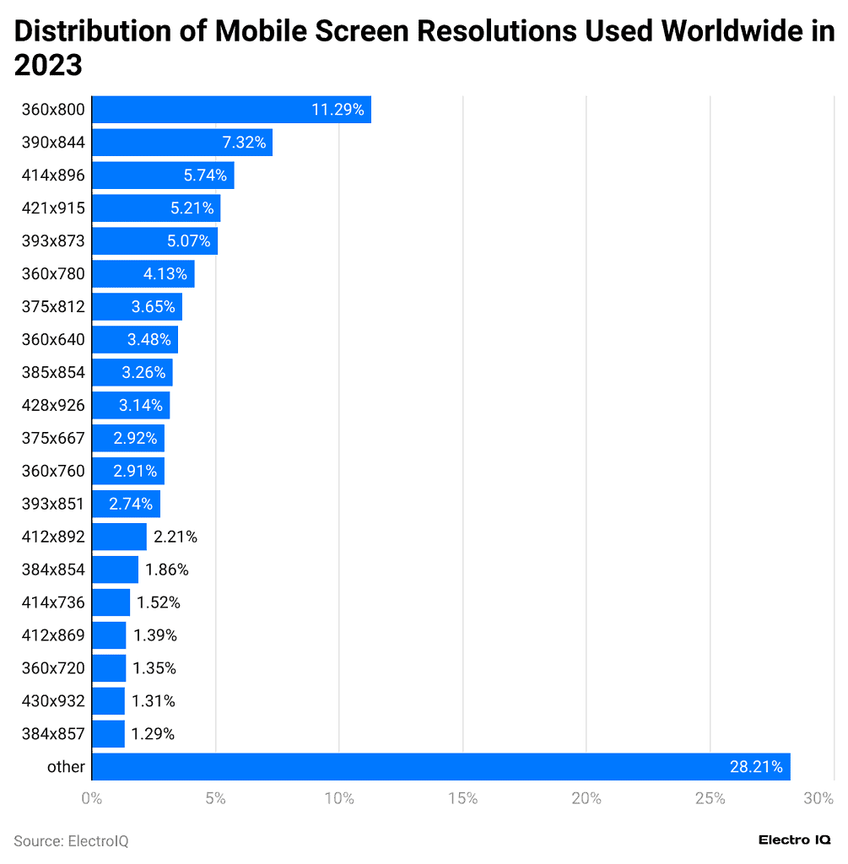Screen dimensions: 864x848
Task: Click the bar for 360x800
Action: coord(230,110)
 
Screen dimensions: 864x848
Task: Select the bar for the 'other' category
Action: coord(440,766)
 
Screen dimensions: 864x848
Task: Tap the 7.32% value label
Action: coord(244,143)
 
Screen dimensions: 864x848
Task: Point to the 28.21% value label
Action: coord(755,766)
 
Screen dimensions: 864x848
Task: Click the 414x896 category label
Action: coord(53,175)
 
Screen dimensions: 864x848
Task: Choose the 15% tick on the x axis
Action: coord(462,798)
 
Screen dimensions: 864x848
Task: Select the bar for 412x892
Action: coord(119,537)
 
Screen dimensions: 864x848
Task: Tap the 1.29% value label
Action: coord(153,734)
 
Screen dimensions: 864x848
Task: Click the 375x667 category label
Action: coord(53,438)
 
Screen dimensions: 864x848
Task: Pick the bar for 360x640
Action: coord(134,340)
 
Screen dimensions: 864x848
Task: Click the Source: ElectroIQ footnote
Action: coord(71,840)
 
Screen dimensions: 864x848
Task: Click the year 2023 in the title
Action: coord(48,65)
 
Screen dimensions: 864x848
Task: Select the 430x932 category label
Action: coord(53,700)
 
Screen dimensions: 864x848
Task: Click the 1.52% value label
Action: coord(158,602)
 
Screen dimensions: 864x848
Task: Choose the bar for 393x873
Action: coord(154,241)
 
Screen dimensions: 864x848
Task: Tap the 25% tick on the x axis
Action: coord(710,798)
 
